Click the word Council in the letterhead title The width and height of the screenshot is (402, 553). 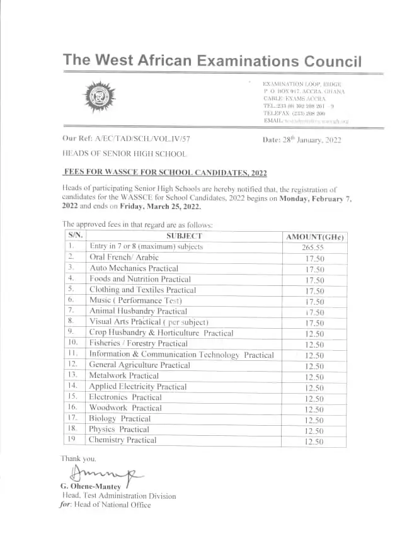point(332,61)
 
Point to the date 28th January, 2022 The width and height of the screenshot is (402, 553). point(302,140)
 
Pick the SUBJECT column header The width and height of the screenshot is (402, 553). point(184,236)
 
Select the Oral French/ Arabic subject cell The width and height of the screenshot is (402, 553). point(123,257)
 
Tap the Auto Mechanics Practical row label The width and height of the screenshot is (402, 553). point(134,268)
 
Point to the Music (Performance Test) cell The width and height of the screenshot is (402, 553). point(135,300)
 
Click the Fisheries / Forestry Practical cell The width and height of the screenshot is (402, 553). point(138,343)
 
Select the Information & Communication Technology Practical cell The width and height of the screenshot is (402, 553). point(181,355)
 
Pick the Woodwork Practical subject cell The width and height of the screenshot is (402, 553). point(125,408)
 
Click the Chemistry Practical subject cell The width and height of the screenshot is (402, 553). point(122,440)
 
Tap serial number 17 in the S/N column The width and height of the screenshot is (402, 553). point(73,418)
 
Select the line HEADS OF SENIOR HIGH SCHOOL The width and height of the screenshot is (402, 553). point(124,154)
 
